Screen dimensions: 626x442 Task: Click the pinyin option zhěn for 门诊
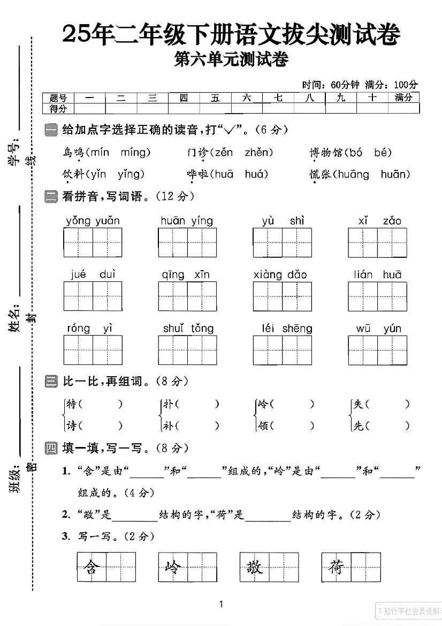(259, 153)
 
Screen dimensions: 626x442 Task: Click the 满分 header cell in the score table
(403, 98)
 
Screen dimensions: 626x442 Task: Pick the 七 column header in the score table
(278, 98)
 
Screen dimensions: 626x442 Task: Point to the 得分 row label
(58, 108)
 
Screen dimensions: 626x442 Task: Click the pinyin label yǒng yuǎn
(93, 221)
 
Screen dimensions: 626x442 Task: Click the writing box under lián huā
(377, 296)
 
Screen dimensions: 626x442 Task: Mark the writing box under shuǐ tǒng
(187, 350)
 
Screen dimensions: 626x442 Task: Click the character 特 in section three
(71, 404)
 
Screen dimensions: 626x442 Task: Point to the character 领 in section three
(262, 426)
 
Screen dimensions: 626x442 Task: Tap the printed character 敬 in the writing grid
(254, 567)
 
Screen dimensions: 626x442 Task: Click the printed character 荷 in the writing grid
(336, 567)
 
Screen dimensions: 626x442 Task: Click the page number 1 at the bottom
(221, 605)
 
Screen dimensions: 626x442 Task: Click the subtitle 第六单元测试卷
(231, 59)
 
